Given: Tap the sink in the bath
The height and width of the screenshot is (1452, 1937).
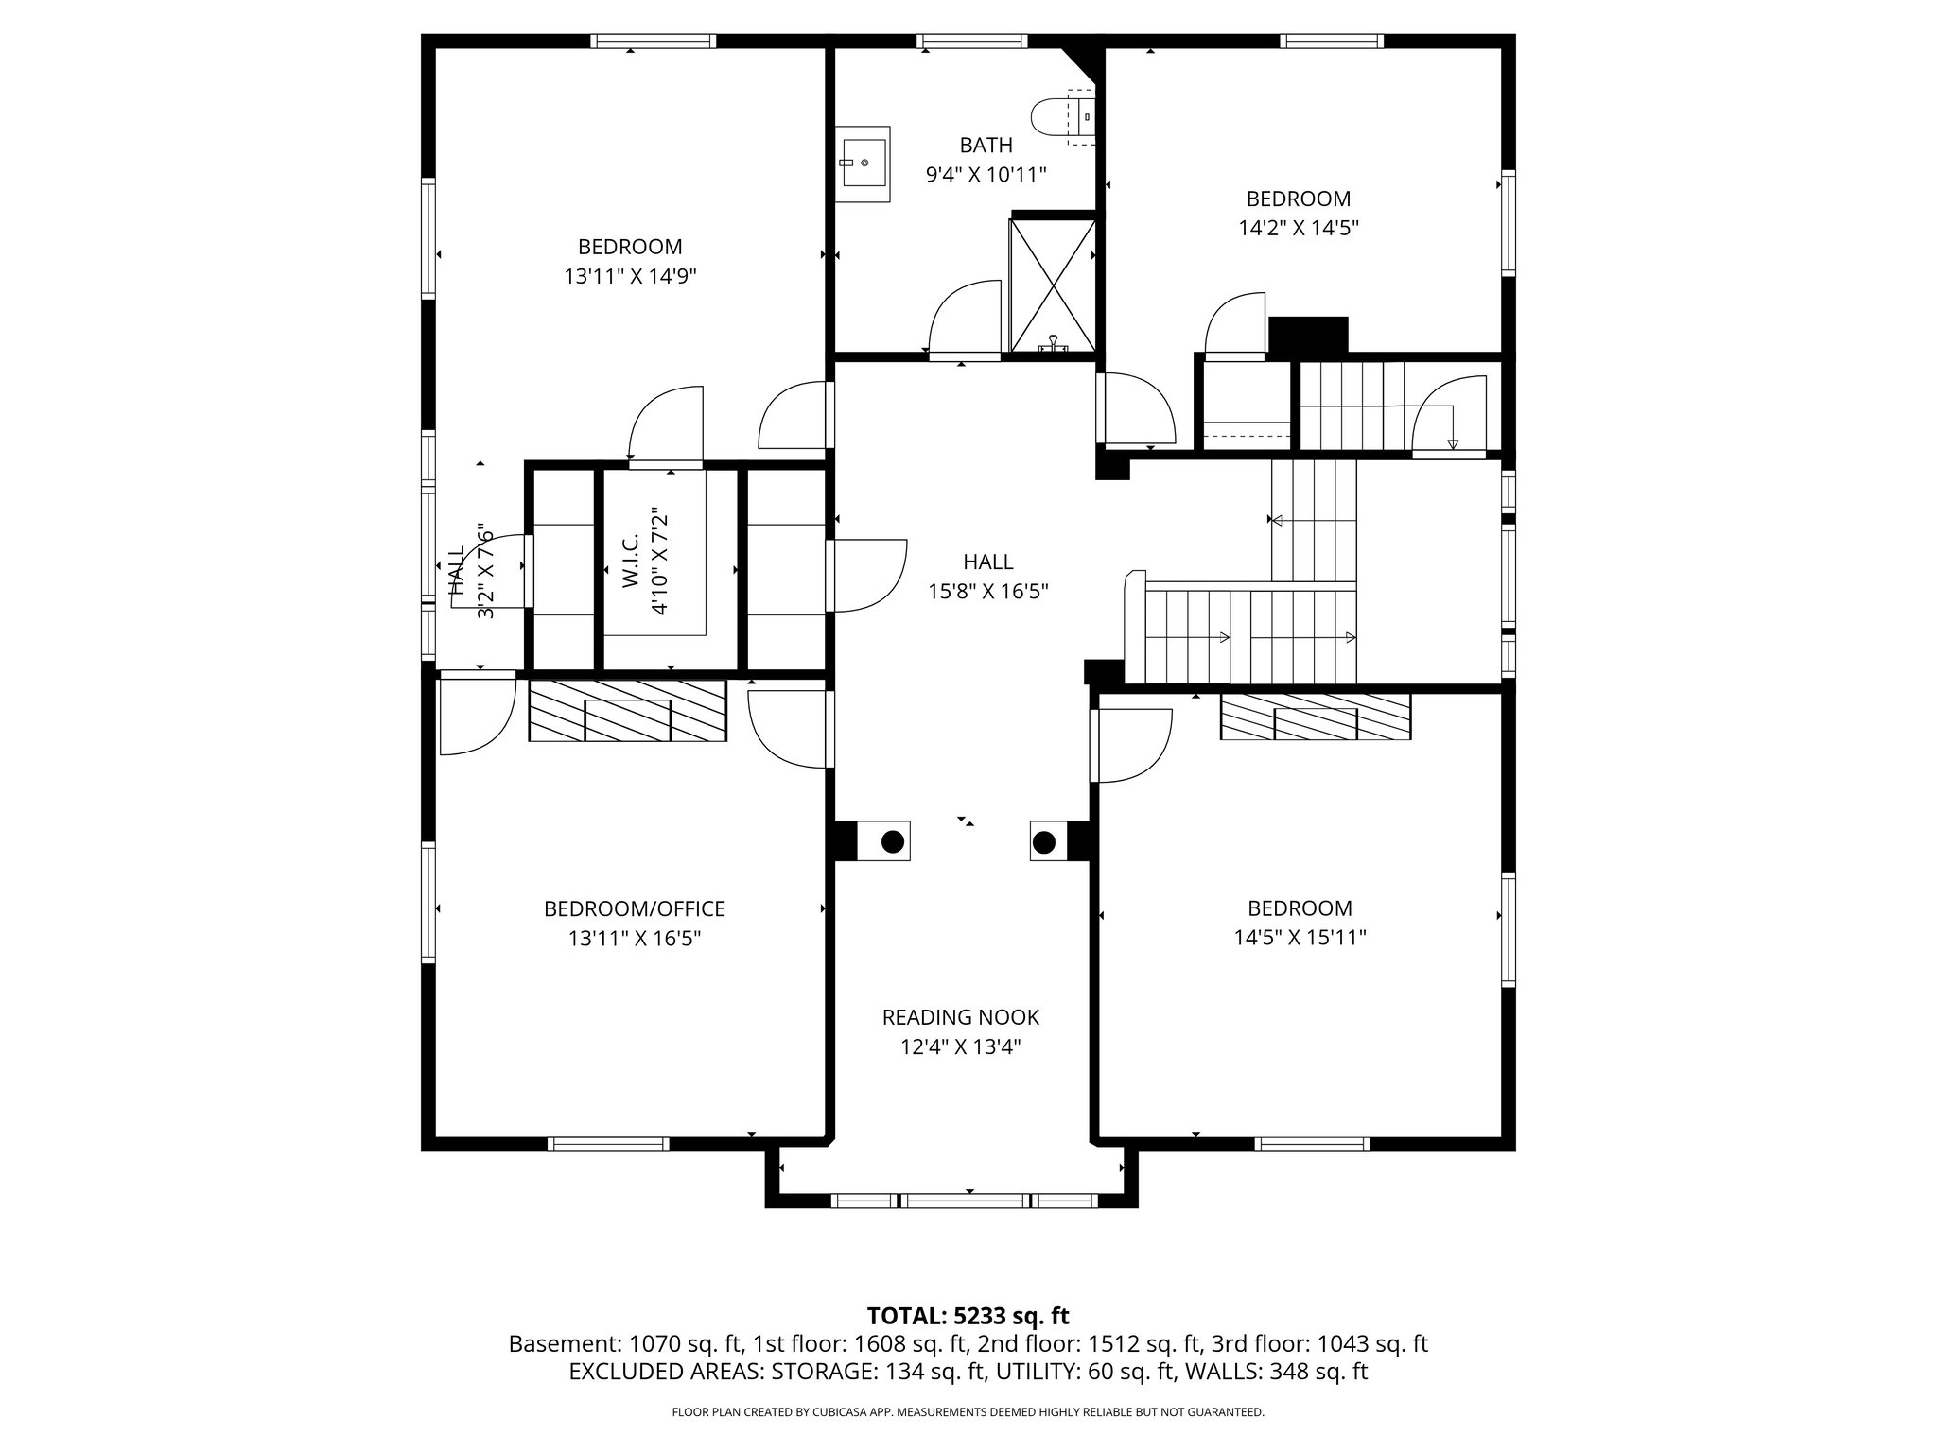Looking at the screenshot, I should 862,164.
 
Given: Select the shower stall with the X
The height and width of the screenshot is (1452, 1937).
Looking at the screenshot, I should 1053,284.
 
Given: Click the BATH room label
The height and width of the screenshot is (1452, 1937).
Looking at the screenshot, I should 986,146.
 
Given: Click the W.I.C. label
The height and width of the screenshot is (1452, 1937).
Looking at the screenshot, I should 632,560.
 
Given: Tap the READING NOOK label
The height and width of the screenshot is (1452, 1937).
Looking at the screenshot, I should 960,1017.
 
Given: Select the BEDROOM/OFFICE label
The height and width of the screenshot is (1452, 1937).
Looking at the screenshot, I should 634,908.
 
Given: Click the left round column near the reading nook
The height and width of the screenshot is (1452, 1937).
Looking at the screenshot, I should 892,841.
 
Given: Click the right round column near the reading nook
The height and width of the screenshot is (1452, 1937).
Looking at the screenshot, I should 1044,841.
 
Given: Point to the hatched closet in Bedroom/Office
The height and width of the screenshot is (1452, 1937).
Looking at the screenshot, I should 627,711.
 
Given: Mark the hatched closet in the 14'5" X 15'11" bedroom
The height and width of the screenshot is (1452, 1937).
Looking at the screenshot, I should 1316,717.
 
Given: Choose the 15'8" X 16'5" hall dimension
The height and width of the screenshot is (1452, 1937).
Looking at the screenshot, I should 987,592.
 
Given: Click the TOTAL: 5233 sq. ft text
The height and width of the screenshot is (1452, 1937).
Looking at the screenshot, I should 968,1316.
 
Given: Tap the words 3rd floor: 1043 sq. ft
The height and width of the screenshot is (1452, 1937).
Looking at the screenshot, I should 1319,1344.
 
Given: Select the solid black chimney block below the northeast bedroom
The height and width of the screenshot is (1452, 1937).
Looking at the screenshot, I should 1307,334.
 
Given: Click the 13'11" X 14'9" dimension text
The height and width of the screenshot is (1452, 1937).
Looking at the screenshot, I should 630,277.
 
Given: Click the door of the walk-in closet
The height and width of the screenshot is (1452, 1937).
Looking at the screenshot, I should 667,423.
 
